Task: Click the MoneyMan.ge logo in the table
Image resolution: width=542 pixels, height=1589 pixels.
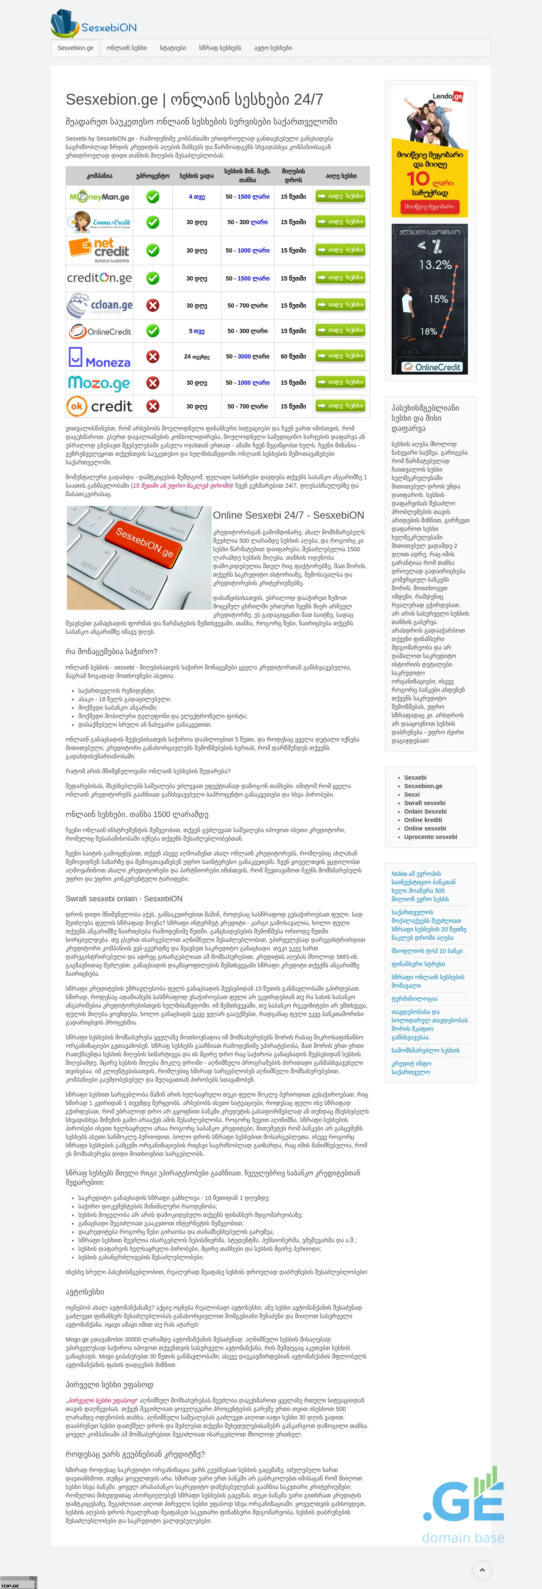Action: pos(99,197)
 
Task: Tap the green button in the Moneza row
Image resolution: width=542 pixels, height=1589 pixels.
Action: pos(340,356)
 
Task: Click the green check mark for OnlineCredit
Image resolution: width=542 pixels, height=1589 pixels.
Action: pos(152,331)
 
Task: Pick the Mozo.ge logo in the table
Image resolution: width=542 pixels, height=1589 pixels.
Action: pos(99,383)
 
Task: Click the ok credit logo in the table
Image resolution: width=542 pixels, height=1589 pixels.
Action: pos(99,406)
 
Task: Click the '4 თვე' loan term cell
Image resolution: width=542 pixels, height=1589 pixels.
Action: pos(197,197)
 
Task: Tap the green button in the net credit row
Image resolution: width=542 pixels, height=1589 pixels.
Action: pos(340,250)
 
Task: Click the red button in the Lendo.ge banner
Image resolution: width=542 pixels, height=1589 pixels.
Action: pos(429,207)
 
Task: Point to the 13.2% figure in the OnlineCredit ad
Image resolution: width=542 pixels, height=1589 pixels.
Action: pos(435,265)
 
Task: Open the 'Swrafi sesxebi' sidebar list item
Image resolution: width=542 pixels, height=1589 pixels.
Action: pos(424,803)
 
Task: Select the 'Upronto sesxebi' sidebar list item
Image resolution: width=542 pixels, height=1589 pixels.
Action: pos(430,836)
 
